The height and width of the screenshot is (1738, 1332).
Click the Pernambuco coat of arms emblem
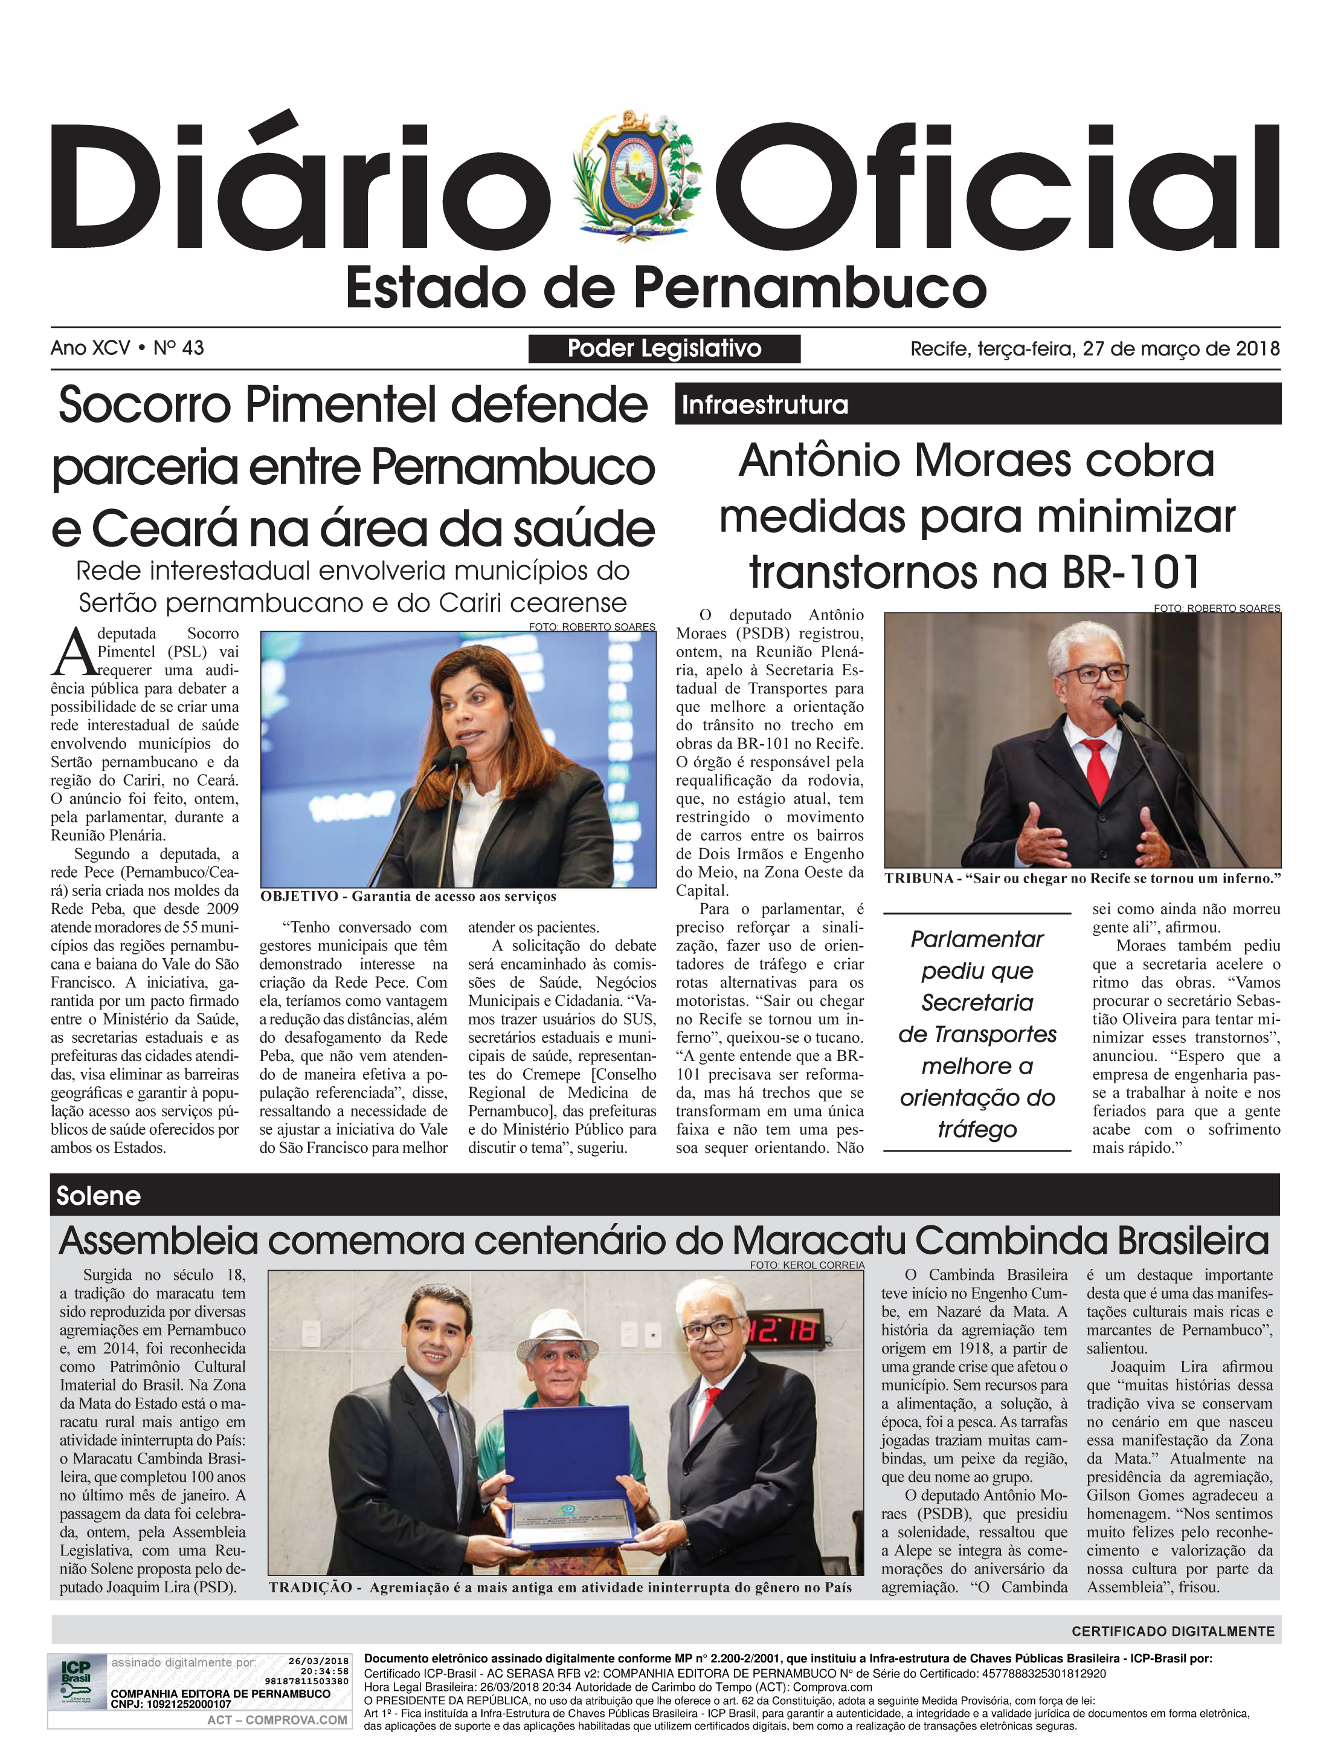[640, 178]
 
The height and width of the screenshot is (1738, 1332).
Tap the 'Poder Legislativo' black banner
[664, 349]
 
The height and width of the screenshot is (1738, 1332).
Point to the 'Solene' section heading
[98, 1195]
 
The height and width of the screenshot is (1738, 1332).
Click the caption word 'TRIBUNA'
[919, 878]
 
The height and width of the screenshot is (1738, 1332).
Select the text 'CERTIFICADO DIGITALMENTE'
[1173, 1632]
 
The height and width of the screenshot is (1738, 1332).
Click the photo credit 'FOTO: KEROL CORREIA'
[806, 1265]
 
